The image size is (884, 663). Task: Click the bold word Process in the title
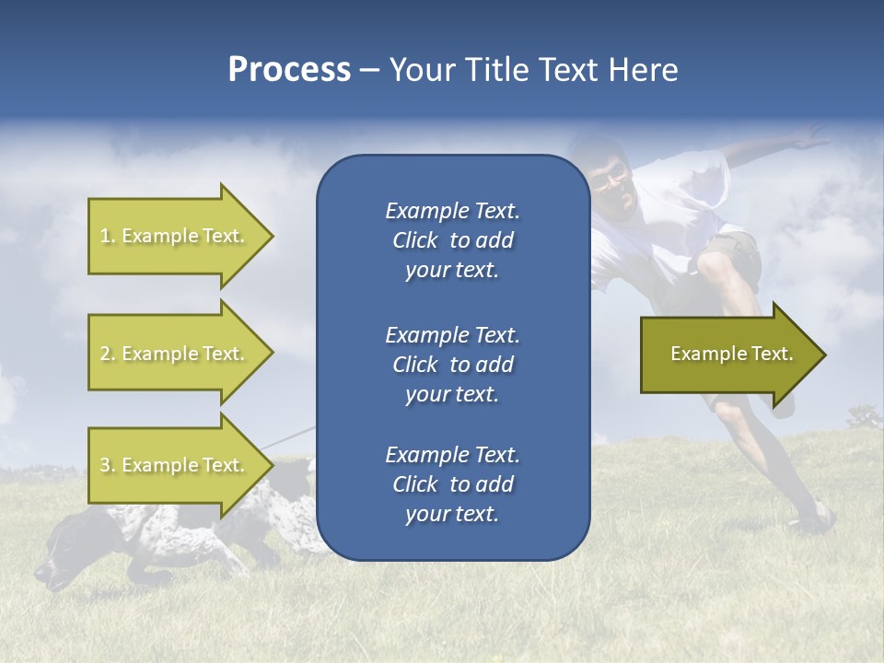pyautogui.click(x=289, y=70)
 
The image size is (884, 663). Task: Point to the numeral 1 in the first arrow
pyautogui.click(x=105, y=236)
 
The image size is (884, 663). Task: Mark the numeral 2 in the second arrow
pyautogui.click(x=105, y=354)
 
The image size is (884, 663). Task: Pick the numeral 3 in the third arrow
pyautogui.click(x=105, y=465)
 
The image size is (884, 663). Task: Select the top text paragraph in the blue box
pyautogui.click(x=452, y=240)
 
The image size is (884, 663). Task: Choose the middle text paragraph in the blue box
pyautogui.click(x=452, y=364)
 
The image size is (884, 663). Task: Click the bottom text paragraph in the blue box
pyautogui.click(x=452, y=484)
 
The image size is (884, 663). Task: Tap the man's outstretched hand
pyautogui.click(x=810, y=140)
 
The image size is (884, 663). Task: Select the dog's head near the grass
pyautogui.click(x=64, y=562)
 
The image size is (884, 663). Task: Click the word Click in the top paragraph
pyautogui.click(x=415, y=240)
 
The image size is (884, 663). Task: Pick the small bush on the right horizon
pyautogui.click(x=864, y=419)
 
